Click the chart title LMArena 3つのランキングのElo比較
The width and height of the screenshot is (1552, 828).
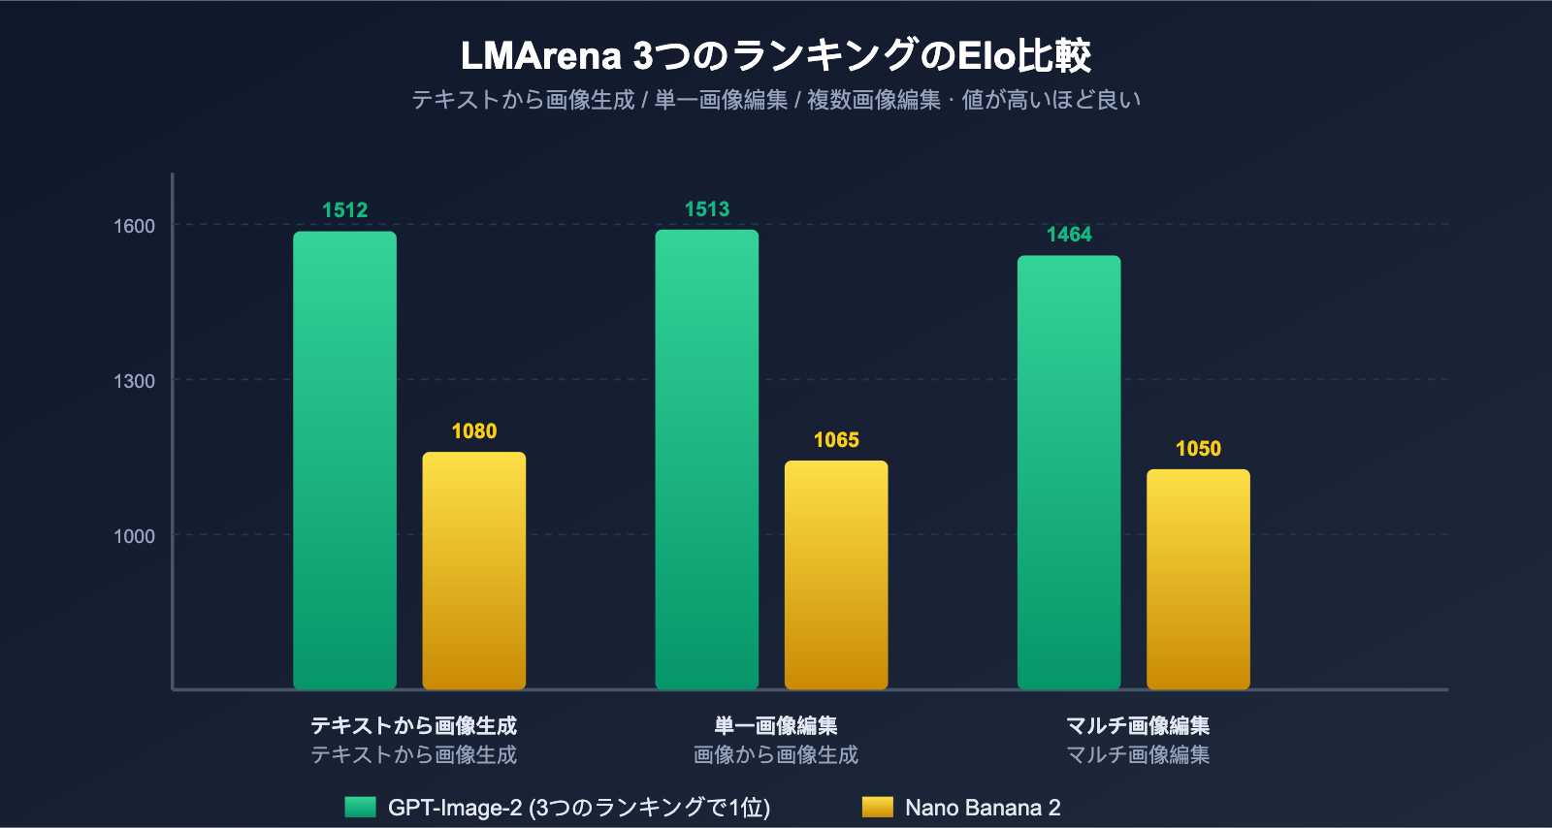pyautogui.click(x=775, y=55)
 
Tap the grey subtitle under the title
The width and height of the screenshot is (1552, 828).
pyautogui.click(x=775, y=100)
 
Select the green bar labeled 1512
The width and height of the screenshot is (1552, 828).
pyautogui.click(x=344, y=461)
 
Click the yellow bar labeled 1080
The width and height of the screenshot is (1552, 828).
pyautogui.click(x=473, y=571)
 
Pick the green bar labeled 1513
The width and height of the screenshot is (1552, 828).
pyautogui.click(x=706, y=460)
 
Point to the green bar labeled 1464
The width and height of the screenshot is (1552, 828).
pyautogui.click(x=1068, y=473)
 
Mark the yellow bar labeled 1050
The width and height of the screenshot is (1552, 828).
pyautogui.click(x=1198, y=580)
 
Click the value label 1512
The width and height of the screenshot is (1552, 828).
pyautogui.click(x=344, y=210)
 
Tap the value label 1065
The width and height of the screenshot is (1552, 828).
pyautogui.click(x=835, y=440)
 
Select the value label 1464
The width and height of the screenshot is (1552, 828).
pyautogui.click(x=1068, y=235)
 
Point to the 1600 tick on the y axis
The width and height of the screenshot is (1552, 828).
pyautogui.click(x=134, y=226)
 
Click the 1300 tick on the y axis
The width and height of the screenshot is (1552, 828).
pyautogui.click(x=134, y=381)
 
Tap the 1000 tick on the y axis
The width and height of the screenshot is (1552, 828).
pyautogui.click(x=134, y=536)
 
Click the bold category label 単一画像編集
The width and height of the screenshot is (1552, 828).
pyautogui.click(x=775, y=725)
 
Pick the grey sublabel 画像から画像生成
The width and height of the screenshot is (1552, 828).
pyautogui.click(x=775, y=754)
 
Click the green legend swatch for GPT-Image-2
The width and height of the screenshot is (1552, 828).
pyautogui.click(x=360, y=807)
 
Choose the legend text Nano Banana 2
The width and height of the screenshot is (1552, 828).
pyautogui.click(x=982, y=808)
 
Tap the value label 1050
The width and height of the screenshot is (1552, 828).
pyautogui.click(x=1198, y=449)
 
